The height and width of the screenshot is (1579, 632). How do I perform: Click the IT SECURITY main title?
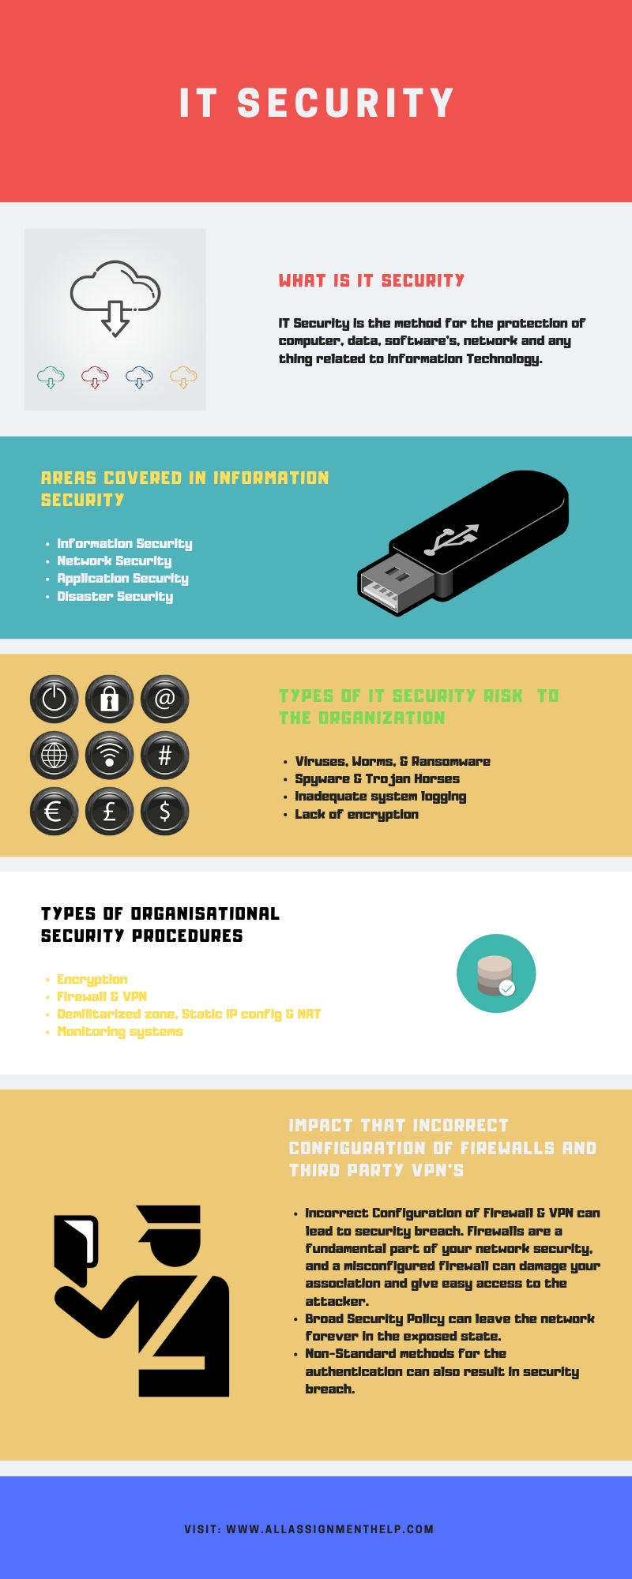pyautogui.click(x=316, y=103)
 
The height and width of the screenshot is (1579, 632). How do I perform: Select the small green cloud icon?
pyautogui.click(x=51, y=377)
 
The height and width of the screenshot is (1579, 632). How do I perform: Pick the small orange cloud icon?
pyautogui.click(x=183, y=377)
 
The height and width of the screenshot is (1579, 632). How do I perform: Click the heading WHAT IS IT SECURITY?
pyautogui.click(x=371, y=281)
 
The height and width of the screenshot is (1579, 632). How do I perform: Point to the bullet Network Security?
pyautogui.click(x=114, y=561)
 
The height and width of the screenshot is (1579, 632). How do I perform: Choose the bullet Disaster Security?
pyautogui.click(x=115, y=597)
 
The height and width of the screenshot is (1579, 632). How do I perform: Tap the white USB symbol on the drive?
pyautogui.click(x=452, y=538)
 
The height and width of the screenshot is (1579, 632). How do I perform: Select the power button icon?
pyautogui.click(x=54, y=699)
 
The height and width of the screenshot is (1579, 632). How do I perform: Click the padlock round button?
pyautogui.click(x=109, y=699)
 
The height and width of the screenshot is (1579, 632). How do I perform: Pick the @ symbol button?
pyautogui.click(x=164, y=699)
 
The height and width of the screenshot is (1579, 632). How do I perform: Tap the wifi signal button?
pyautogui.click(x=109, y=756)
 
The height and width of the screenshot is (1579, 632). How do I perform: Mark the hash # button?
pyautogui.click(x=164, y=756)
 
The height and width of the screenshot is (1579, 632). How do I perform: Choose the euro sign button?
pyautogui.click(x=54, y=812)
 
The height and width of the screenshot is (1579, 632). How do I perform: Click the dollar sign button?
pyautogui.click(x=164, y=812)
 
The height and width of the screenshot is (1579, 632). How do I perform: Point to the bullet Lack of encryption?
pyautogui.click(x=356, y=815)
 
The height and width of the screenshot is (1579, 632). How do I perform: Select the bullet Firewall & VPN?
pyautogui.click(x=102, y=997)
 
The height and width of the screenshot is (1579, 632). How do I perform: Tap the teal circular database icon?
pyautogui.click(x=496, y=973)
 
